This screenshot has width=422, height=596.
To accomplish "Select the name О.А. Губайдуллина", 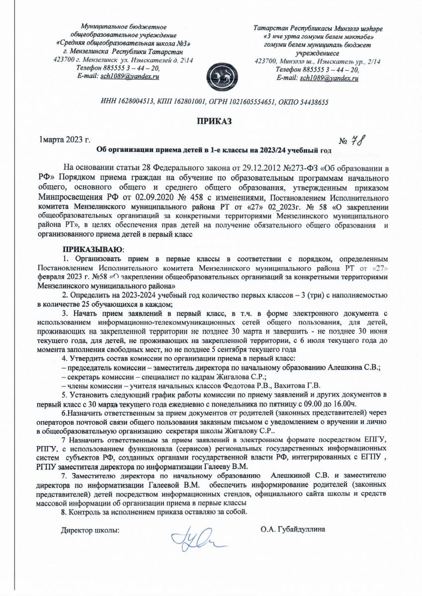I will click(293, 529).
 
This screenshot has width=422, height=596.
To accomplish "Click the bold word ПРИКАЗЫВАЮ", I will click(92, 248).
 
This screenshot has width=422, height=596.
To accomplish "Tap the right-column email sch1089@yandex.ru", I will click(329, 78).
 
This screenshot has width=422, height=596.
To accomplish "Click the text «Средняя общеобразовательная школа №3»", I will click(124, 43).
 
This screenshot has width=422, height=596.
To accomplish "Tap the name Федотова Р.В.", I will click(238, 385).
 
